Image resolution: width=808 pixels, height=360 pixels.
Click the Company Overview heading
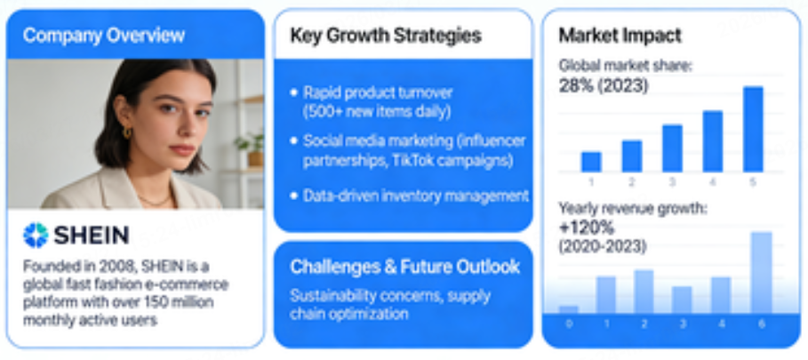(x=104, y=36)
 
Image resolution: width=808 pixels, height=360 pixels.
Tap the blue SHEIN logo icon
(x=36, y=235)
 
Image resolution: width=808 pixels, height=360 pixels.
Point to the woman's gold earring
(x=128, y=133)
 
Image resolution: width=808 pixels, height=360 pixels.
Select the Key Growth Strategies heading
(x=386, y=36)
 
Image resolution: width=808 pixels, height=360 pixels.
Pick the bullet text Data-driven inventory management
(x=416, y=196)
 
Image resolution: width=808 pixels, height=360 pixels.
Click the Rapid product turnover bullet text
(x=378, y=92)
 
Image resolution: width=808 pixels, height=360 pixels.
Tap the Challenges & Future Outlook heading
(x=404, y=267)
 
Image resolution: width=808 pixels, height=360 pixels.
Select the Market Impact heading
(x=620, y=36)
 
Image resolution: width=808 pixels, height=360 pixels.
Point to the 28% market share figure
(x=577, y=86)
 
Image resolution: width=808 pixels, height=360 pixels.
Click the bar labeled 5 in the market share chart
(x=753, y=128)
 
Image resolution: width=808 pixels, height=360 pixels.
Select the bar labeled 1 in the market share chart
(x=591, y=162)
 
